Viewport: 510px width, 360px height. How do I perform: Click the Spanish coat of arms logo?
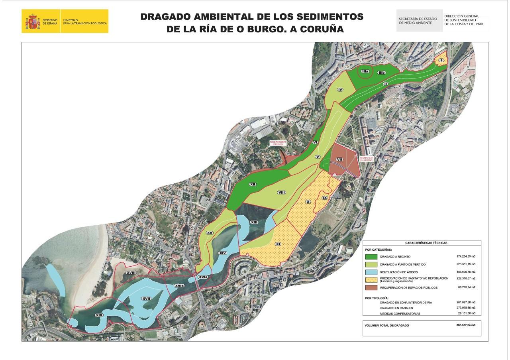[33, 21]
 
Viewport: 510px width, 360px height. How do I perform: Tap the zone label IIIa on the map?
[365, 71]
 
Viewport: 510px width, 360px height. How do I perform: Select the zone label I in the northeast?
[441, 60]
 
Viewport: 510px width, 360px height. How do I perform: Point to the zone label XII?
[252, 184]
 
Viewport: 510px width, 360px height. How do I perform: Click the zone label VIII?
[282, 193]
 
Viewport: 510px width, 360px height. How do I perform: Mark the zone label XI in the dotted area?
[279, 243]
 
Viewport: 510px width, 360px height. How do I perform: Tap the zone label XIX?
[99, 315]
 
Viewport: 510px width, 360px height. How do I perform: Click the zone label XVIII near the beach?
[130, 272]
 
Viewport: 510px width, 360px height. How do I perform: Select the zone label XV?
[209, 232]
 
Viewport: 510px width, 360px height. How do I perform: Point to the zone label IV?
[340, 90]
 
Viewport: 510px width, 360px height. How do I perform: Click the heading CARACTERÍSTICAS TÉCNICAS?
[422, 242]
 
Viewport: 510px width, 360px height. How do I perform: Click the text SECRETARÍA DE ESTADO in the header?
[418, 19]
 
